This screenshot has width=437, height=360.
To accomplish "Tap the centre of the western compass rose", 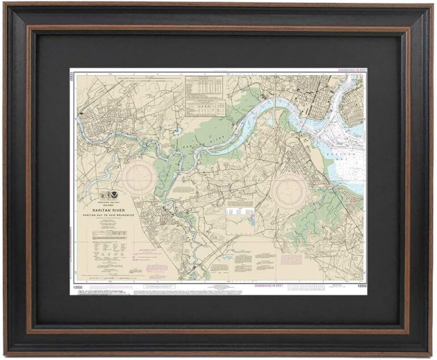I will point(138,177).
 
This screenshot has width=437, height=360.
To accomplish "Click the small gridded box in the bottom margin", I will point(302,287).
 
